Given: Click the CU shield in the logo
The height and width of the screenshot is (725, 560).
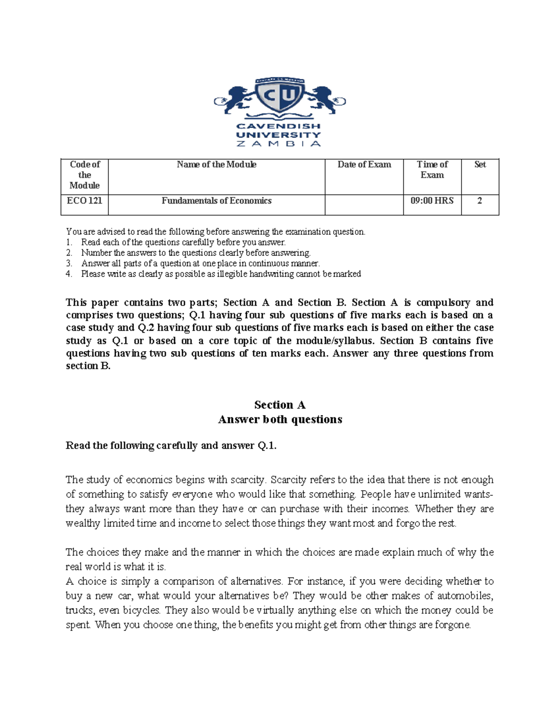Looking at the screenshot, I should pos(280,96).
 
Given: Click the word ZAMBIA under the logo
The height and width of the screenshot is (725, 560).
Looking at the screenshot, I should pos(279,144).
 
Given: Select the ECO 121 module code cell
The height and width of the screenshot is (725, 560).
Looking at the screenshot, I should pos(84,201).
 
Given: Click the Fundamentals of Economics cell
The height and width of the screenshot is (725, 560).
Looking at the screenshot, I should pos(217,201).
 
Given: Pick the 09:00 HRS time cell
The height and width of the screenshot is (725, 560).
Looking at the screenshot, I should pos(432,201).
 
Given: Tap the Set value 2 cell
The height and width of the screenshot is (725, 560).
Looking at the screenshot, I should pos(480,201).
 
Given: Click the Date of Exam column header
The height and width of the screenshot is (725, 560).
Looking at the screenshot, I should pos(364,165).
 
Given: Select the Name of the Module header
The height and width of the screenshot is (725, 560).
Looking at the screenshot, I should pos(217,165).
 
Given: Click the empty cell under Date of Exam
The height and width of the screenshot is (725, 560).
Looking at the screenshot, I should pos(364,205).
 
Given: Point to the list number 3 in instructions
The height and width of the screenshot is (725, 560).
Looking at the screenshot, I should pos(69,263).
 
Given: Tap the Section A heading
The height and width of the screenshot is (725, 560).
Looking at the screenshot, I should pos(280,405).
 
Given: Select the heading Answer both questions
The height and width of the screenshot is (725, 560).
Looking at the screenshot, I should pos(280,419).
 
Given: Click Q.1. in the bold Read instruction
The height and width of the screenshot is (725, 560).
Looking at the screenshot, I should pos(267,446).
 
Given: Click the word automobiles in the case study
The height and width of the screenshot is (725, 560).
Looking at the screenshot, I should pos(465,596).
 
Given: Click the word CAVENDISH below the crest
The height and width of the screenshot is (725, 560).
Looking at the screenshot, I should pos(279,126).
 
